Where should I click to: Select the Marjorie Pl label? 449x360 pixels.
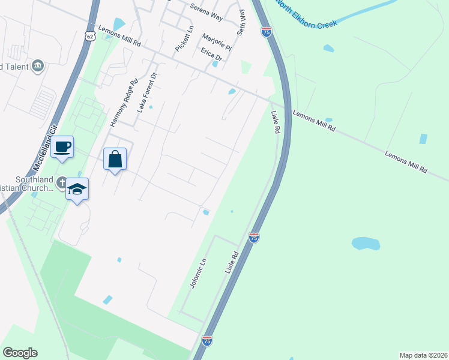(x=217, y=40)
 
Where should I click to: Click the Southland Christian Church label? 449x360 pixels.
(x=27, y=183)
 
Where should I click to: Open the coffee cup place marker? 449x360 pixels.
(x=62, y=146)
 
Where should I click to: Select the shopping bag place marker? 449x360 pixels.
(x=115, y=160)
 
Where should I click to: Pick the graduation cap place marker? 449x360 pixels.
(x=77, y=190)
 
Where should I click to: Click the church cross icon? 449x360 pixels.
(x=62, y=181)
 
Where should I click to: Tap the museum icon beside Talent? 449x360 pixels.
(x=38, y=65)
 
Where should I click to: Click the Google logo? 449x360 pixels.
(x=20, y=353)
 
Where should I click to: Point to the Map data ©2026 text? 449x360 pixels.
(x=423, y=355)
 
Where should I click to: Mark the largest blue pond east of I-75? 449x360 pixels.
(x=366, y=244)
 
